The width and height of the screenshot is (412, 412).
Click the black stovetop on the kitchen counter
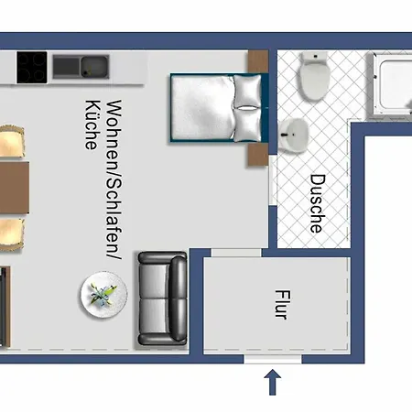(x=32, y=68)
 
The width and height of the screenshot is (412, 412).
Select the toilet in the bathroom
(x=315, y=76)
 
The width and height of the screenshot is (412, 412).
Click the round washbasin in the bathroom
(x=294, y=136)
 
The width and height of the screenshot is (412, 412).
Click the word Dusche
(x=318, y=203)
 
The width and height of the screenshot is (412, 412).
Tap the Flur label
(x=283, y=305)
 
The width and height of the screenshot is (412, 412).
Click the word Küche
(x=92, y=125)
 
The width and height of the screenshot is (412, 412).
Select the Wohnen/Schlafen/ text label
(x=114, y=179)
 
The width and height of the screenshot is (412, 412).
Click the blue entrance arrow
(x=273, y=383)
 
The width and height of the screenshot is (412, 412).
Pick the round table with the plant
(x=103, y=294)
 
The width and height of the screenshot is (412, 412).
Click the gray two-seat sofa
(x=162, y=298)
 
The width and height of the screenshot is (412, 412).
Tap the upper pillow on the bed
(x=247, y=91)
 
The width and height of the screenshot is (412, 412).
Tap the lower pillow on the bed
(x=247, y=125)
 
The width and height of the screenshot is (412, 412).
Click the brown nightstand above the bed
(x=258, y=61)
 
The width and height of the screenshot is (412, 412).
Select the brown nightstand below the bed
(x=258, y=155)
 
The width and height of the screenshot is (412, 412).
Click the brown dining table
(x=15, y=188)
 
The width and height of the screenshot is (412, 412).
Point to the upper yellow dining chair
(x=11, y=141)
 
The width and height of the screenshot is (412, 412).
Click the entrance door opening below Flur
(x=273, y=359)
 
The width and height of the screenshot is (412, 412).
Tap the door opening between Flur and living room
(x=236, y=253)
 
